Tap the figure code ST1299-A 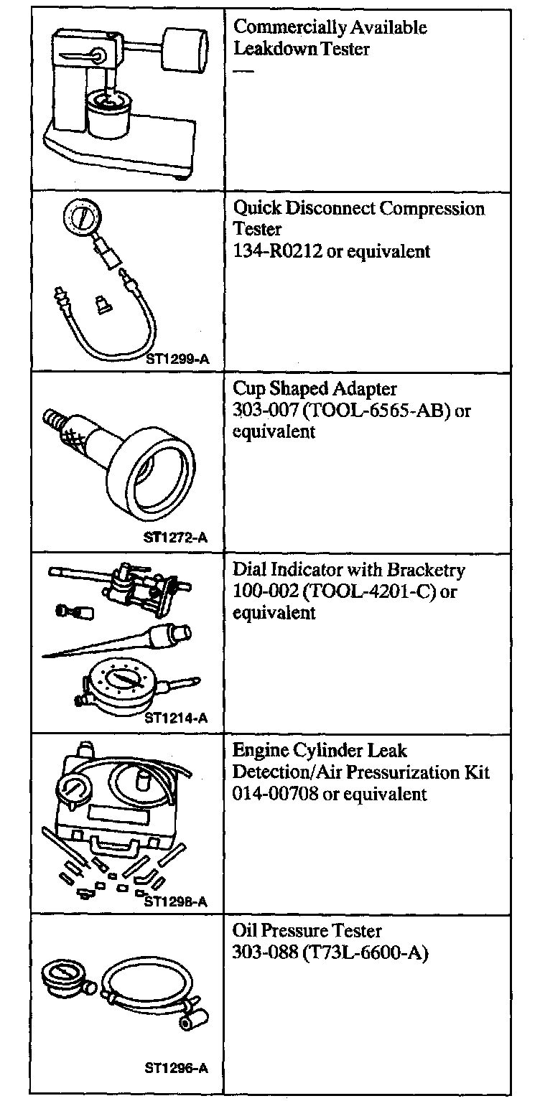point(176,356)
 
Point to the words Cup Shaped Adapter point(315,388)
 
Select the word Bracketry point(426,570)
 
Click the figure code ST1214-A point(176,717)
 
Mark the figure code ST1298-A point(176,901)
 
